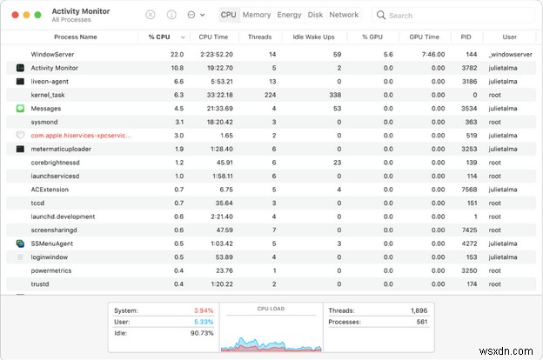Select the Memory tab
[257, 15]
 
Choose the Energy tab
[289, 15]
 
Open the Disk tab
[315, 15]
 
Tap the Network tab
[344, 15]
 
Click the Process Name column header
[76, 37]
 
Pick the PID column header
[466, 37]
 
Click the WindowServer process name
[53, 54]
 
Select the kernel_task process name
[48, 95]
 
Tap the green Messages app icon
[20, 109]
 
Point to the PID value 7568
[469, 190]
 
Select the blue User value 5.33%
[202, 321]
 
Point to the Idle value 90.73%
[200, 333]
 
